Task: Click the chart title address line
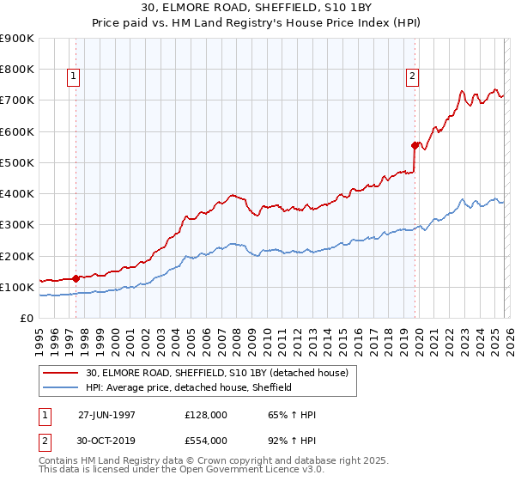click(257, 8)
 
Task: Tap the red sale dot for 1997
click(76, 278)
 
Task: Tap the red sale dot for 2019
click(415, 145)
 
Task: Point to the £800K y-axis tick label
click(16, 70)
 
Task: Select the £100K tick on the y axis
click(16, 287)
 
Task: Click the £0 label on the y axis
click(26, 319)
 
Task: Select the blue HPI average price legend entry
click(189, 387)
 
